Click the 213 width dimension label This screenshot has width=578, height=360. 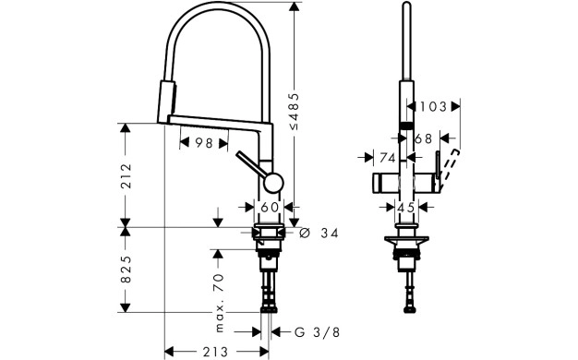[x=215, y=351]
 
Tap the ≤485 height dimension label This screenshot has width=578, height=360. [x=294, y=112]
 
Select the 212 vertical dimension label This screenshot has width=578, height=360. [x=126, y=175]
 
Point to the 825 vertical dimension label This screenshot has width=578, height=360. [x=126, y=269]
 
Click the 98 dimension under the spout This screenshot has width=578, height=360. [x=204, y=143]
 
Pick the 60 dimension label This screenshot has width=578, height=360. [x=270, y=207]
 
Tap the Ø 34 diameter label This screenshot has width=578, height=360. [x=319, y=233]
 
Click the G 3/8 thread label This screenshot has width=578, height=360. [x=317, y=332]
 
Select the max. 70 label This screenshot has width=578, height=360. [x=219, y=303]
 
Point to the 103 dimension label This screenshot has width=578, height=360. [x=433, y=106]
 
